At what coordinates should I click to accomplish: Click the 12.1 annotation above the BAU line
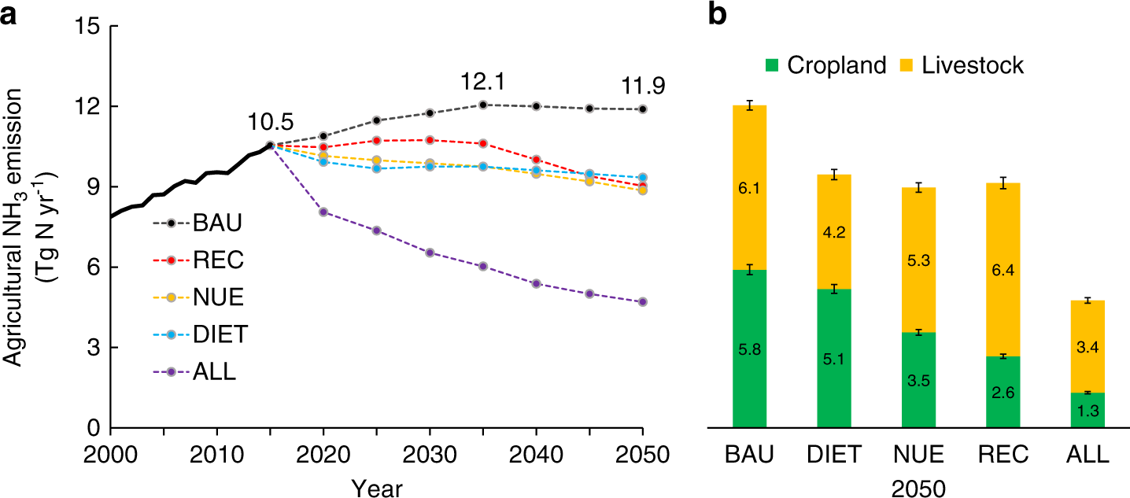[482, 83]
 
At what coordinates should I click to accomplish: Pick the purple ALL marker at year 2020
[323, 212]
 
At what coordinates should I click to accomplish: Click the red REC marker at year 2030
[430, 140]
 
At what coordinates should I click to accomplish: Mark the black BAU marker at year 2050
[643, 109]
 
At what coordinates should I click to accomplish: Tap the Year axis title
[376, 488]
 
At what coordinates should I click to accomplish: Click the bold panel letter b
[718, 15]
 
